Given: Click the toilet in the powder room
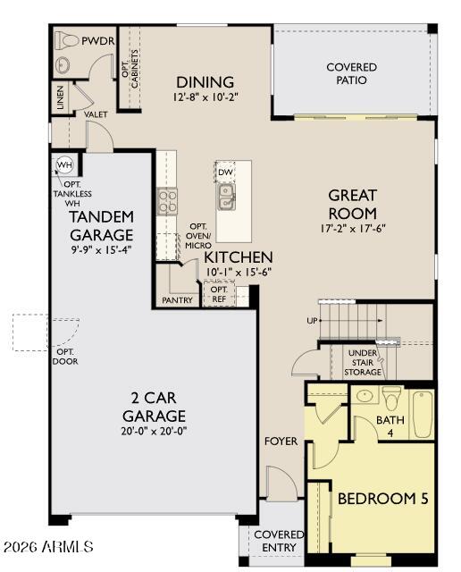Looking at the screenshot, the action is (66, 41).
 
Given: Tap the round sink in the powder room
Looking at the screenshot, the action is (63, 65).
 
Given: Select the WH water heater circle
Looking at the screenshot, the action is (64, 164).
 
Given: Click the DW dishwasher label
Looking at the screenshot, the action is (225, 172).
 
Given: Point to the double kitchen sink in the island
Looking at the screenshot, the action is (227, 197).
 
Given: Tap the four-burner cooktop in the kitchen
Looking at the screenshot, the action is (167, 201).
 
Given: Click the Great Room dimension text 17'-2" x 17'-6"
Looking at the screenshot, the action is (353, 229).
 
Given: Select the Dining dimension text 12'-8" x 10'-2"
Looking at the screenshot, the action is (205, 97).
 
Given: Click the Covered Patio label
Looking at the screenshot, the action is (352, 73).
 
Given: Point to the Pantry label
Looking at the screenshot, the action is (177, 300).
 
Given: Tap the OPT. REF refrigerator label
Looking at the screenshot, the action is (219, 294).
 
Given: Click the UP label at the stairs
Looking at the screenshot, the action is (312, 321).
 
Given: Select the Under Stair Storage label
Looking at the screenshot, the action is (363, 363).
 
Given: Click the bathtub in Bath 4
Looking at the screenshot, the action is (423, 415).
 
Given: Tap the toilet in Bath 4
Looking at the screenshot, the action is (391, 399).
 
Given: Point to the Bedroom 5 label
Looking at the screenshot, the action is (383, 499).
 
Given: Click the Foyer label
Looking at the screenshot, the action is (281, 441).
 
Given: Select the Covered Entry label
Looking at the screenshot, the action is (279, 541).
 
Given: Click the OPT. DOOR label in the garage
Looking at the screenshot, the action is (65, 357).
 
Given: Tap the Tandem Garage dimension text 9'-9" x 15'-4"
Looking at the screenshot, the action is (101, 250).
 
